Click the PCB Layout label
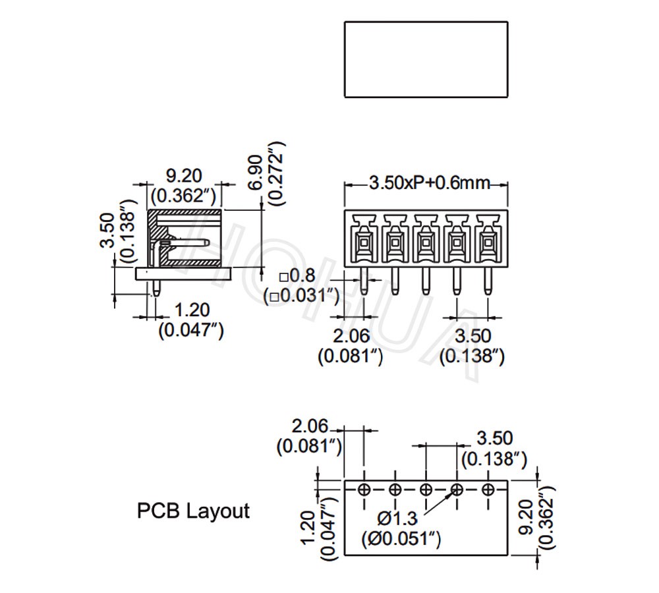click(x=193, y=511)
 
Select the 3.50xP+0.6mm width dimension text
click(x=429, y=183)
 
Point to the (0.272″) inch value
click(x=277, y=173)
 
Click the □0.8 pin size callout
click(x=297, y=277)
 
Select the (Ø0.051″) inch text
click(x=401, y=540)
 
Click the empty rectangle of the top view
click(x=426, y=59)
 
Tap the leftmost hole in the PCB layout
click(x=364, y=490)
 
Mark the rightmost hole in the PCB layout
click(x=488, y=490)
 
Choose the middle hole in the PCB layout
click(x=426, y=490)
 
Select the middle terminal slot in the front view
click(x=426, y=241)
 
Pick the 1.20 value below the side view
click(x=191, y=309)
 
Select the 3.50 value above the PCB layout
click(x=494, y=438)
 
